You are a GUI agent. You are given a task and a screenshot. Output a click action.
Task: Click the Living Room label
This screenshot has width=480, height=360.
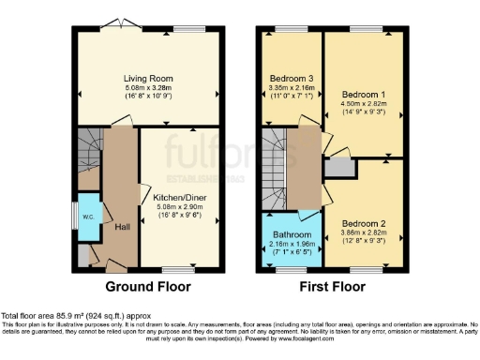coord(149,79)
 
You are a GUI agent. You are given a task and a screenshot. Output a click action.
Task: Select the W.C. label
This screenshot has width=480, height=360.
coord(89,216)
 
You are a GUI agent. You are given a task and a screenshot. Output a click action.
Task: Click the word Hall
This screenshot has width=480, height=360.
coord(121,227)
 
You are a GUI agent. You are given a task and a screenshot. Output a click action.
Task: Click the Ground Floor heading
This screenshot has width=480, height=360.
coord(147,287)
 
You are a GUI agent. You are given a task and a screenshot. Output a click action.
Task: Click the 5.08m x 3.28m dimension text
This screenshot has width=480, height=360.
coord(149,88)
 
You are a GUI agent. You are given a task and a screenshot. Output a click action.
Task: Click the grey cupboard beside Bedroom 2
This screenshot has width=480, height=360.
coord(338,168)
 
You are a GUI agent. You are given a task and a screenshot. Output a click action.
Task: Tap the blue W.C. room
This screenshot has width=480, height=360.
coord(89,217)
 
